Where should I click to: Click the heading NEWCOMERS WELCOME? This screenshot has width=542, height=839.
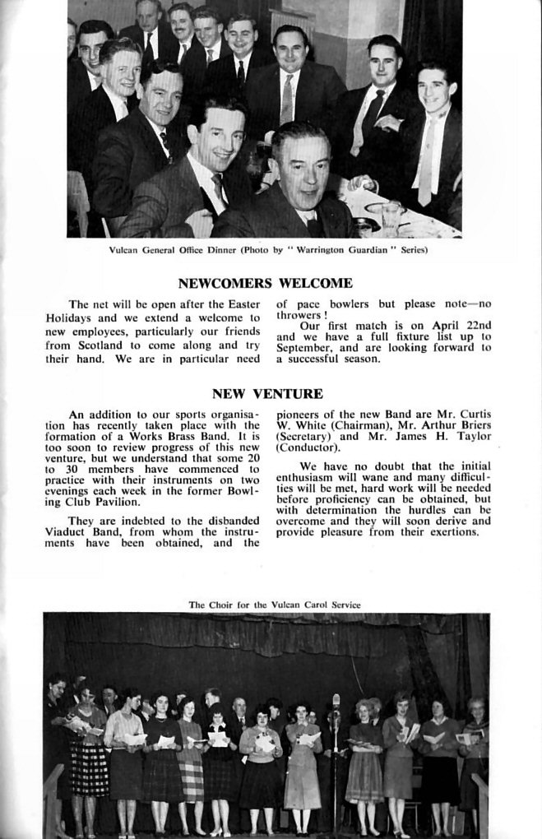[265, 284]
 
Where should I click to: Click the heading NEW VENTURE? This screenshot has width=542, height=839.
[267, 394]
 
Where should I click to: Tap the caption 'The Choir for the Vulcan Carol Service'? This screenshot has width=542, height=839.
[275, 605]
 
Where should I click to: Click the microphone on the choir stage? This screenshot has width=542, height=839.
[336, 702]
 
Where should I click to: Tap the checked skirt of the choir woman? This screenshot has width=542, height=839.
[88, 769]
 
